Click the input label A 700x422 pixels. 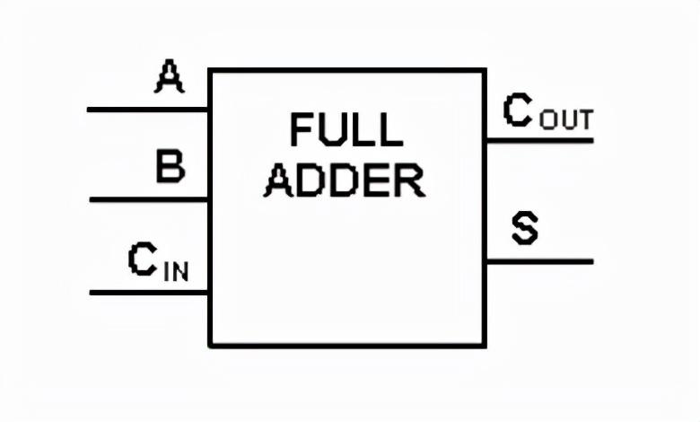169,77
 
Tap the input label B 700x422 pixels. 170,167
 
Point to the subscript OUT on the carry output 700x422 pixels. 566,119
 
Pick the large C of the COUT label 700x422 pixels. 519,110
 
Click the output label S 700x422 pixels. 525,228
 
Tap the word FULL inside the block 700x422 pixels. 346,130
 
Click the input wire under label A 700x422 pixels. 148,110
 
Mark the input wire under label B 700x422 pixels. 148,199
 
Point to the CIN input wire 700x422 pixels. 148,292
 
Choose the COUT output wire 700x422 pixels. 538,140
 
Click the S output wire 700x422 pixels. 538,261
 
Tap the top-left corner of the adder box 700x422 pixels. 210,70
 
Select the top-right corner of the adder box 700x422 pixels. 485,70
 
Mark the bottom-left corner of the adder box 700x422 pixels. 210,345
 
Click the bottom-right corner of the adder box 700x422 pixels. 485,345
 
